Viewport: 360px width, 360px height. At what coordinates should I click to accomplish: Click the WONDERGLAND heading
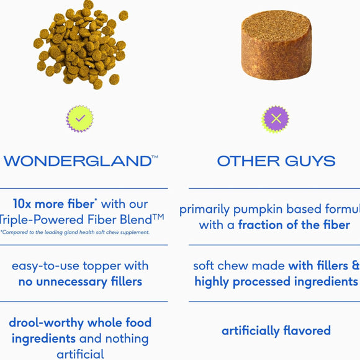coord(78,161)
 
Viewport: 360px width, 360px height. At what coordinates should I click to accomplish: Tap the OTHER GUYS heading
coord(276,161)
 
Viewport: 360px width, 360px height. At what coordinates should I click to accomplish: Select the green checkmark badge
coord(79,118)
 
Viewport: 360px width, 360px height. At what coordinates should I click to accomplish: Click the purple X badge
coord(276,118)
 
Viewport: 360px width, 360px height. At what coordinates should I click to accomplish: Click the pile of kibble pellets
coord(81,43)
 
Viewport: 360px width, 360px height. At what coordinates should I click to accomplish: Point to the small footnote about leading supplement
coord(74,232)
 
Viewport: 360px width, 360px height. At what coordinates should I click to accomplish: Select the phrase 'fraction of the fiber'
coord(294,225)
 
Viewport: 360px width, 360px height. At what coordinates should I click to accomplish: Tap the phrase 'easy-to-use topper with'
coord(80,266)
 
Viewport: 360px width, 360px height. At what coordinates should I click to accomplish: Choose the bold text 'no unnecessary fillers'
coord(80,282)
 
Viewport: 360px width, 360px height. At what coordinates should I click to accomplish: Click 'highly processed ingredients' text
coord(276,282)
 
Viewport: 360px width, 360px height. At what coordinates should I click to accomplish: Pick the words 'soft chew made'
coord(238,266)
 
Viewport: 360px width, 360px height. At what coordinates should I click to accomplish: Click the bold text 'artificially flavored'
coord(276,331)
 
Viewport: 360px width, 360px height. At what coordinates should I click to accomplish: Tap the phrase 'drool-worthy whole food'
coord(80,323)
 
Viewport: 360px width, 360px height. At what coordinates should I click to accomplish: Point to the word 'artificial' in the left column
coord(80,354)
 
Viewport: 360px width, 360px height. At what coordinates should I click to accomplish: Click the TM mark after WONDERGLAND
coord(155,158)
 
